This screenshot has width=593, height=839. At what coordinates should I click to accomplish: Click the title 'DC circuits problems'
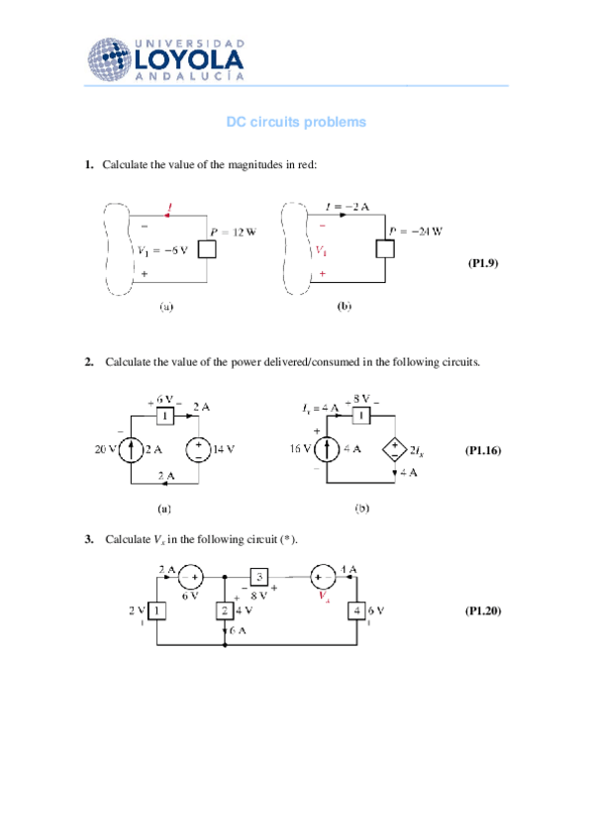296,122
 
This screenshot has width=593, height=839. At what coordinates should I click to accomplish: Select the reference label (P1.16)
483,450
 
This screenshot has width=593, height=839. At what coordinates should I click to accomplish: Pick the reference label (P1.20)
483,610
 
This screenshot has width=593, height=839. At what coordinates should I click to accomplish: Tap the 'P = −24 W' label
416,232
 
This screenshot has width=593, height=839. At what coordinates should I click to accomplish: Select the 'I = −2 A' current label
348,207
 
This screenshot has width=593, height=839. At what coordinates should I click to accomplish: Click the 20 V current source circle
132,450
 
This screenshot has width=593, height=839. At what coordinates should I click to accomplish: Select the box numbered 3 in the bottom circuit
259,577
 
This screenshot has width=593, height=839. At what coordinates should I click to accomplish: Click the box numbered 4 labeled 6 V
355,610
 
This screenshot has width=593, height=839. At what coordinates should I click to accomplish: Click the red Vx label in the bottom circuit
323,599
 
